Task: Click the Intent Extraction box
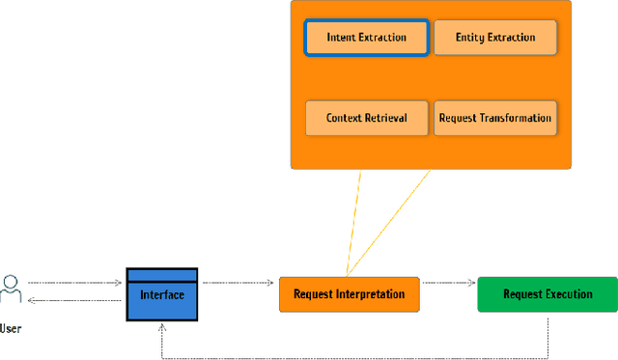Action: pyautogui.click(x=366, y=38)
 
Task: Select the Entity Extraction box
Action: pyautogui.click(x=495, y=38)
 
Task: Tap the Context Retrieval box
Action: pyautogui.click(x=366, y=118)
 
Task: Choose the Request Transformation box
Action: pyautogui.click(x=495, y=118)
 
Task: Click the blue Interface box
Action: pyautogui.click(x=162, y=295)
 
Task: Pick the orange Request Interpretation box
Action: pyautogui.click(x=350, y=294)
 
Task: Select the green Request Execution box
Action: pyautogui.click(x=548, y=294)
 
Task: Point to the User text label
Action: pyautogui.click(x=11, y=329)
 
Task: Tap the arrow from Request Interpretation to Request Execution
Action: pyautogui.click(x=448, y=283)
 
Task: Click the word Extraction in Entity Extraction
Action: pyautogui.click(x=511, y=38)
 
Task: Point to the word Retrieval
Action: pyautogui.click(x=384, y=118)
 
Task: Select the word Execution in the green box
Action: pyautogui.click(x=569, y=294)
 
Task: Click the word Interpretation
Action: pyautogui.click(x=371, y=294)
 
